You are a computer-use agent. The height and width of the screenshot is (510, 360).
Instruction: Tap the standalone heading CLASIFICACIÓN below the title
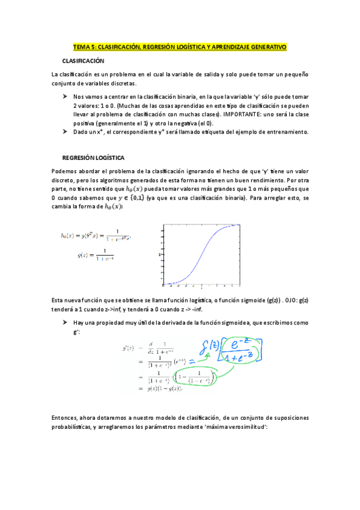pos(84,61)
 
